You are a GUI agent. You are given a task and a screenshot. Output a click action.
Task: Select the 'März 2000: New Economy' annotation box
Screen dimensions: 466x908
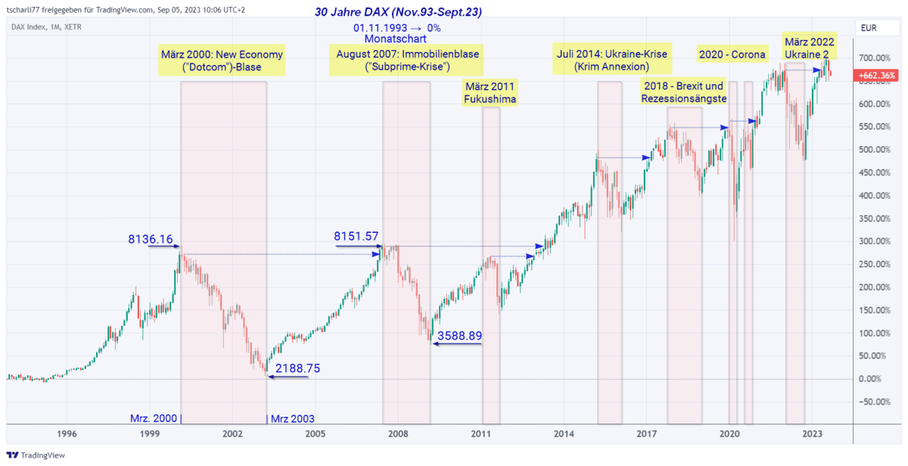(222, 61)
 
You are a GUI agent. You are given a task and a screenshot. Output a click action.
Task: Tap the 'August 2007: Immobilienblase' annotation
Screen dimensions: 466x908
(408, 61)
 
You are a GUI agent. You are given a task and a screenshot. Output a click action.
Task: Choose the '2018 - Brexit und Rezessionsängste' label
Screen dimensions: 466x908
(683, 92)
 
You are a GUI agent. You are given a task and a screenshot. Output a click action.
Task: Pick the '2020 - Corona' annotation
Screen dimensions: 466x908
(731, 54)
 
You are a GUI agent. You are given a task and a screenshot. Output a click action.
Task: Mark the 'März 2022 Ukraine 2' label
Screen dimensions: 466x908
(810, 48)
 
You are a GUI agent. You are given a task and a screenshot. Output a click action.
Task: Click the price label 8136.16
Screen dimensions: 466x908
(151, 240)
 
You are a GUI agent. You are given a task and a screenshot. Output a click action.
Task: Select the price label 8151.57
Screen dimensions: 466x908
(356, 237)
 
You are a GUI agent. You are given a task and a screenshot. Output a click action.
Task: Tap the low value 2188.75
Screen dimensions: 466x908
(297, 368)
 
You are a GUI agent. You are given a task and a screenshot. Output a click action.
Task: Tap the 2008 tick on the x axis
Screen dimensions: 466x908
(398, 434)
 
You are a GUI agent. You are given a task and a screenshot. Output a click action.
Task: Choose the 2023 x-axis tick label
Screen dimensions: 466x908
(812, 434)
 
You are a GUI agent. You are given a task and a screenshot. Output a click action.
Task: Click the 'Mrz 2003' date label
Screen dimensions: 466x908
(292, 418)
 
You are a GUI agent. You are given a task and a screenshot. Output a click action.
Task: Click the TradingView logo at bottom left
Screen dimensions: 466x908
(36, 455)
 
